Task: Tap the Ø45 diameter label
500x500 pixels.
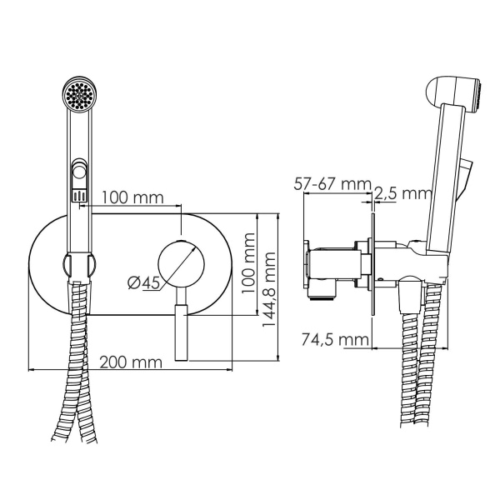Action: tap(143, 283)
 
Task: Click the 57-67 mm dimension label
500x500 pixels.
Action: tap(335, 183)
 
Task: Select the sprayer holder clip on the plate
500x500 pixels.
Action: tap(79, 266)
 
